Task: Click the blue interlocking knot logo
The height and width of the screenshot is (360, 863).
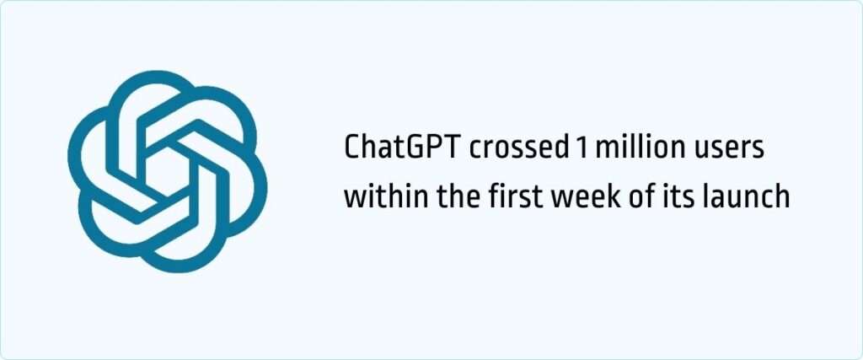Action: click(167, 171)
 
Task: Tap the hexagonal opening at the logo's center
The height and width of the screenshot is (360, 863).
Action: click(167, 171)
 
